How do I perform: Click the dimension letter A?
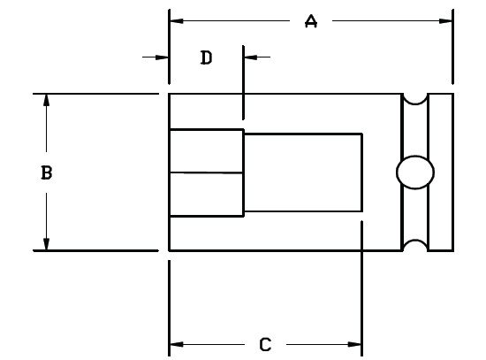coord(311,21)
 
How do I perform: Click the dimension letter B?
coord(47,172)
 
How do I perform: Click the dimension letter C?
coord(265,344)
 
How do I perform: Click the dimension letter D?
coord(206,57)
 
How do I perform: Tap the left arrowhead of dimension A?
coord(177,21)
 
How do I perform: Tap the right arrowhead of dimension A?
coord(445,21)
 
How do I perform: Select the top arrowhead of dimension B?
coord(46,100)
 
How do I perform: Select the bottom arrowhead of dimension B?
coord(46,243)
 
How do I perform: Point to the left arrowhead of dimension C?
coord(177,344)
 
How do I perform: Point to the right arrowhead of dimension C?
coord(354,344)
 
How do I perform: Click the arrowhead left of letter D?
coord(162,57)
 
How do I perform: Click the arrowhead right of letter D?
coord(250,57)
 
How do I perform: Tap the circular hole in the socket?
coord(415,172)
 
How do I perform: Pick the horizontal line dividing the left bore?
coord(206,172)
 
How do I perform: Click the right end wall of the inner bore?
coord(361,172)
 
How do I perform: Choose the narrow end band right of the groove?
coord(440,172)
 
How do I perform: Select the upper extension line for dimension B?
coord(95,94)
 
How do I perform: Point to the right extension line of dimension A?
coord(452,47)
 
